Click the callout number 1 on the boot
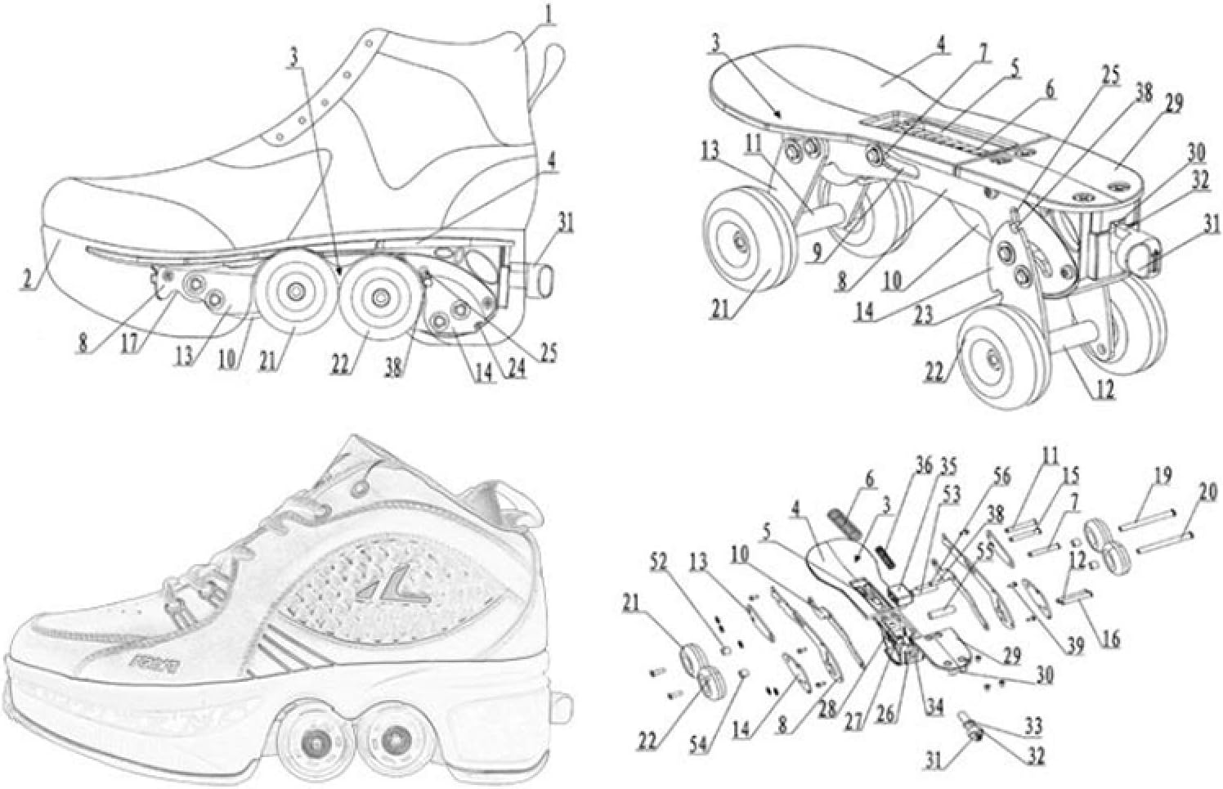point(551,14)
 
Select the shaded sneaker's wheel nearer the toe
point(311,743)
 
